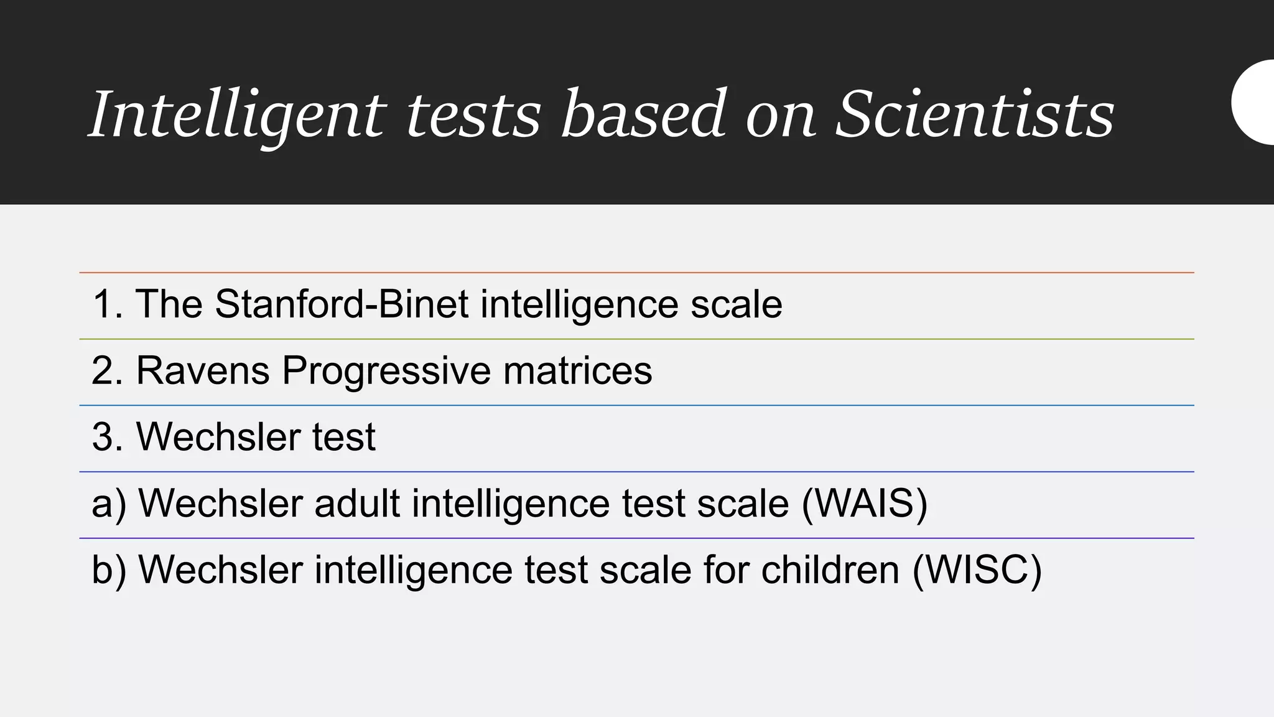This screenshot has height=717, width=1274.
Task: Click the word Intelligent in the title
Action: pos(237,115)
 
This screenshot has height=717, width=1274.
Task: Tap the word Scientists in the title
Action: pos(974,115)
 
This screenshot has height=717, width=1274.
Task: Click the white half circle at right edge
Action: pos(1255,103)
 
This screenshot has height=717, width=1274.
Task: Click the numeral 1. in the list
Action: pos(107,304)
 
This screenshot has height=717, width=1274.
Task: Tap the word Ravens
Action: pos(203,371)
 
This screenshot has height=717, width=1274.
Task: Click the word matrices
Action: pos(577,371)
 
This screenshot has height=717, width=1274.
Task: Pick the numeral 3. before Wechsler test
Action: pos(107,437)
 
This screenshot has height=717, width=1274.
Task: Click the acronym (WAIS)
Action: pos(864,504)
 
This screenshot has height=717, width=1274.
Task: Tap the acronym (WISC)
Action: pos(977,569)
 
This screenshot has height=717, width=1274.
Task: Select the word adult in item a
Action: pos(357,504)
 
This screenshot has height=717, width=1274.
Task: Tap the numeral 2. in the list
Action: pos(107,371)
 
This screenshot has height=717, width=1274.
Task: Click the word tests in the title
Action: pos(473,115)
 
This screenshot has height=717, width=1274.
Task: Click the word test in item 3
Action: pos(343,437)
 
